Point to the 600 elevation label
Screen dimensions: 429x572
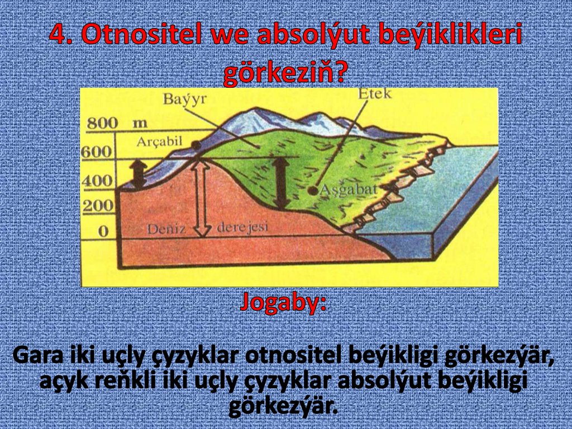[x=97, y=152]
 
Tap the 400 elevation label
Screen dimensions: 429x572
[x=97, y=181]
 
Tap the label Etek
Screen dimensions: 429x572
[x=376, y=93]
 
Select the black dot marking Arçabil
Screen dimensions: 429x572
[x=196, y=145]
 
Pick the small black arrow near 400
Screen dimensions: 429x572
[x=138, y=173]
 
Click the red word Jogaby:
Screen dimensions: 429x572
[x=284, y=303]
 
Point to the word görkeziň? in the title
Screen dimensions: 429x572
[x=285, y=73]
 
